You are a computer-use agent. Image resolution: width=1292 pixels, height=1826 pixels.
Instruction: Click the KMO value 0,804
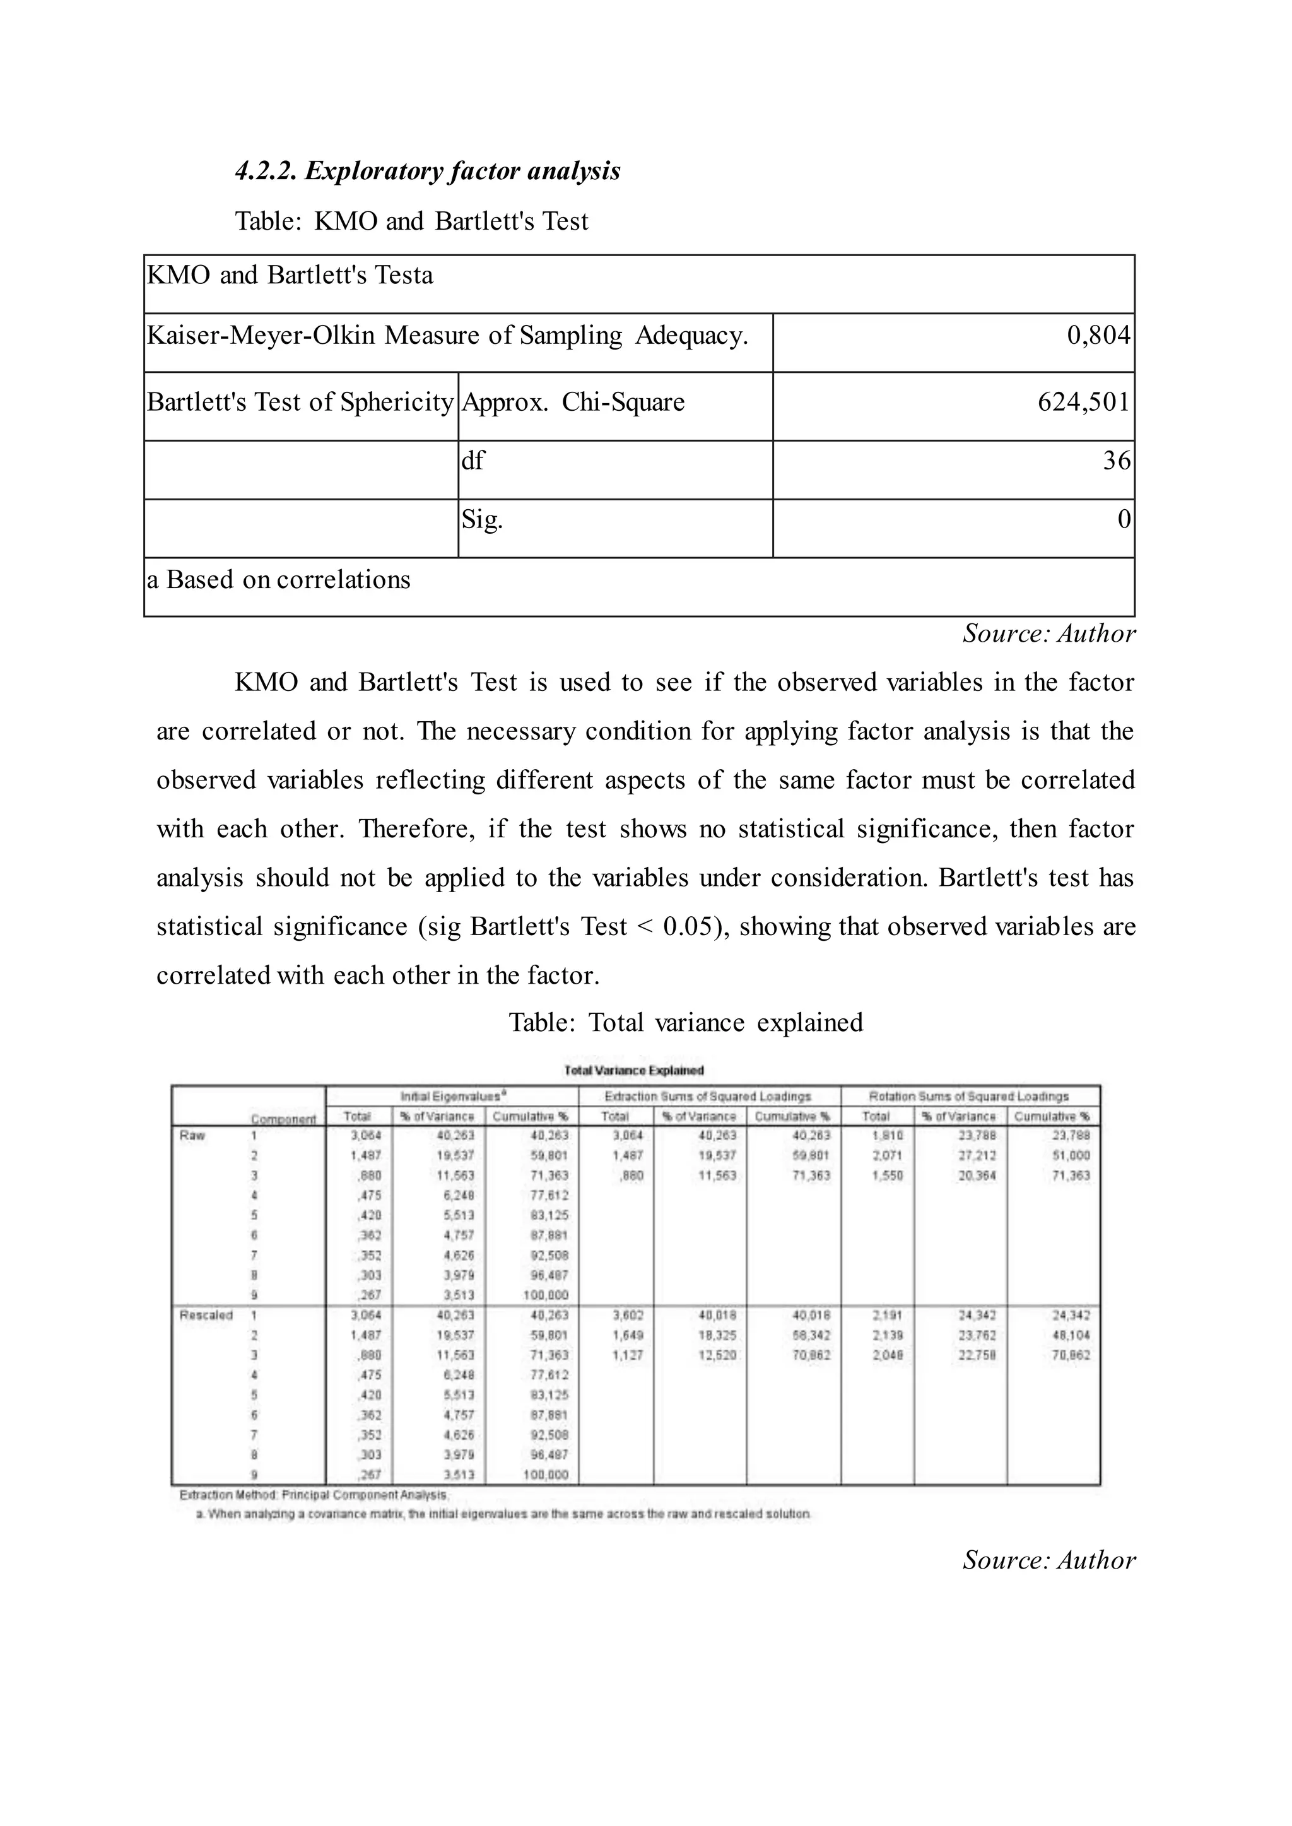point(1098,336)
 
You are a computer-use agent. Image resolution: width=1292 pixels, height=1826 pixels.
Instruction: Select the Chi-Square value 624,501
point(1084,402)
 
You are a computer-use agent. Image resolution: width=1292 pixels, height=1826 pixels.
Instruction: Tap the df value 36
point(1116,461)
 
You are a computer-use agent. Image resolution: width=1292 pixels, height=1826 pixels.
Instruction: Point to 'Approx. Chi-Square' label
point(573,402)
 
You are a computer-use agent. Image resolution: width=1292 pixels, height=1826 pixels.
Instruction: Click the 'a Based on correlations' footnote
point(278,580)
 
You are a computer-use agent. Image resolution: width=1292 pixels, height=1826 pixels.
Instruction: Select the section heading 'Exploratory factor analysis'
point(428,171)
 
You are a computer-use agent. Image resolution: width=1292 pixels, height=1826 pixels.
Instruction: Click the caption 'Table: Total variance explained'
point(686,1022)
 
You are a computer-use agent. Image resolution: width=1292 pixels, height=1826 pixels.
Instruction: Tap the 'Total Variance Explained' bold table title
point(634,1071)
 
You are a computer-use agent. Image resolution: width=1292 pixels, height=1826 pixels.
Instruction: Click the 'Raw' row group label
point(192,1135)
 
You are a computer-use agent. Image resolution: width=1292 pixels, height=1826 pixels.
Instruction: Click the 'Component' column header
point(283,1119)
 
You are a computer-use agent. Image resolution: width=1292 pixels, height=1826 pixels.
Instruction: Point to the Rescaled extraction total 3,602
point(627,1315)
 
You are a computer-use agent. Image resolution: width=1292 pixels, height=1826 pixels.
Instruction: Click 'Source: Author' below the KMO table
point(1048,634)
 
